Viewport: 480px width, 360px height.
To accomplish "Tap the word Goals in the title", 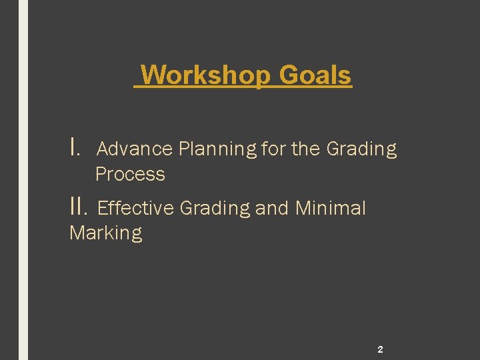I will pos(315,75).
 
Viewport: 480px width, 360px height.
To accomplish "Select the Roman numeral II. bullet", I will pos(79,207).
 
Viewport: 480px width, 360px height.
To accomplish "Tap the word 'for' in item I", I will pos(273,149).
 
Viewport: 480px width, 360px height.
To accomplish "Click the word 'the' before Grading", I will pos(306,149).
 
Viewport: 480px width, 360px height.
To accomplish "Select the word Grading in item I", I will pos(361,149).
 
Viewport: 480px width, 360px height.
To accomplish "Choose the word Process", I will pos(130,175).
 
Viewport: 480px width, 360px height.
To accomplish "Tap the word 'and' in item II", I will pos(272,209).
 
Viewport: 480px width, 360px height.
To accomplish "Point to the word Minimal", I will pos(330,209).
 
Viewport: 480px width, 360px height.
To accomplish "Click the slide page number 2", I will pos(380,349).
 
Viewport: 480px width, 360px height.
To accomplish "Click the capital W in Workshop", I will pos(153,75).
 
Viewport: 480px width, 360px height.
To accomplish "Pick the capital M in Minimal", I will pos(303,209).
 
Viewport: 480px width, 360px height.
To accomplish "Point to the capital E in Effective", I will pos(102,209).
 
